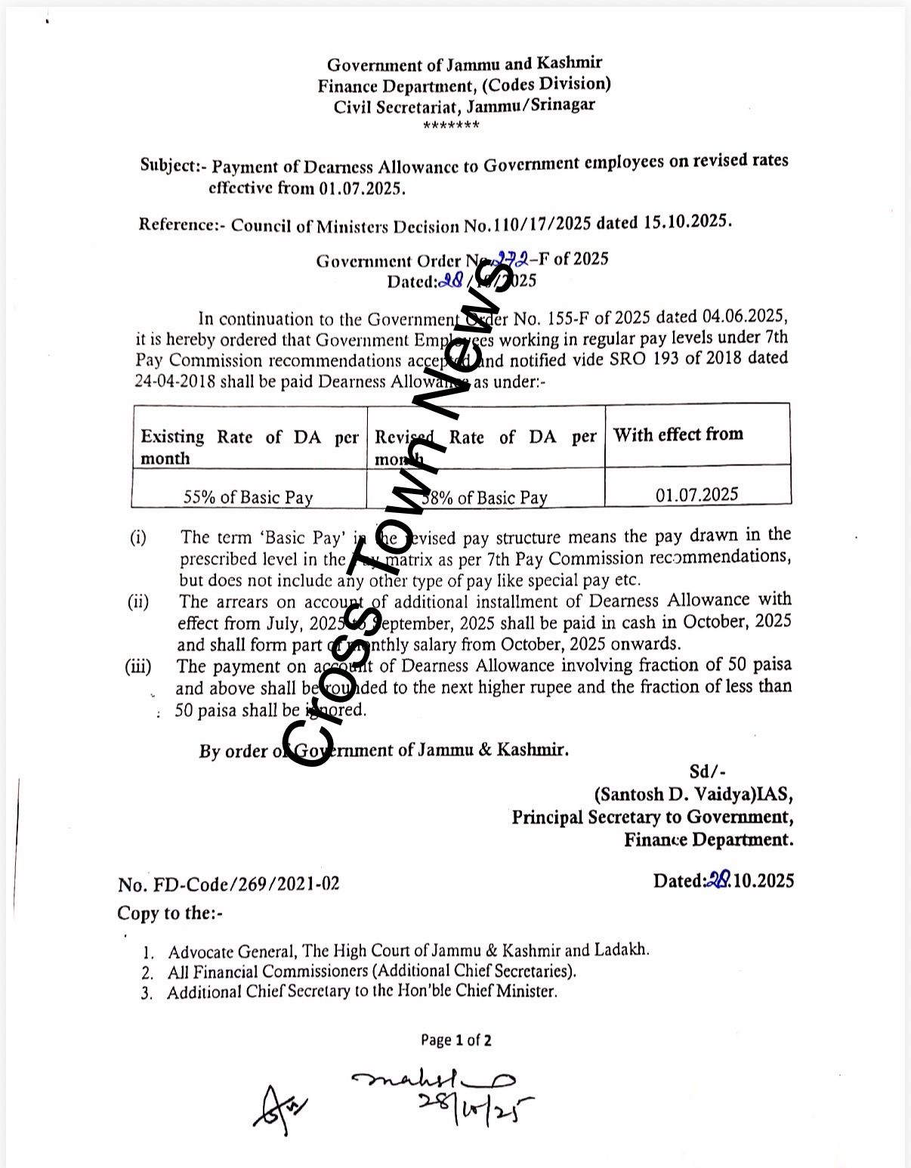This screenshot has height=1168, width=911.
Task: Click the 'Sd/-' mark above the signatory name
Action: coord(708,771)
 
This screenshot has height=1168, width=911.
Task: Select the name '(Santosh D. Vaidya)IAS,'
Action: coord(693,795)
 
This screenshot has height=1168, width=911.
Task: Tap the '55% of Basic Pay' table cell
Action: coord(249,497)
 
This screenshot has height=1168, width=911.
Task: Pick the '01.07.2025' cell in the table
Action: coord(697,495)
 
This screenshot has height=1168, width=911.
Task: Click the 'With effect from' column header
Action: coord(678,434)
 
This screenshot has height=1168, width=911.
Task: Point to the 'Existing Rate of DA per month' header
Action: coord(249,447)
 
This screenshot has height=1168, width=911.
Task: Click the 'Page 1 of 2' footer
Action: coord(456,1040)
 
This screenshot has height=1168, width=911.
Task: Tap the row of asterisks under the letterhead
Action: coord(452,125)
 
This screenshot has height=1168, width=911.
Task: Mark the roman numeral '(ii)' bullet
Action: coord(138,602)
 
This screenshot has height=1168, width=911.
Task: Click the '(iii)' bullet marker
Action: coord(138,667)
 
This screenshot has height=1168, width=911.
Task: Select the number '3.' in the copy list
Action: coord(147,993)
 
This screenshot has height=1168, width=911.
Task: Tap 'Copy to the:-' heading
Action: coord(170,913)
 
